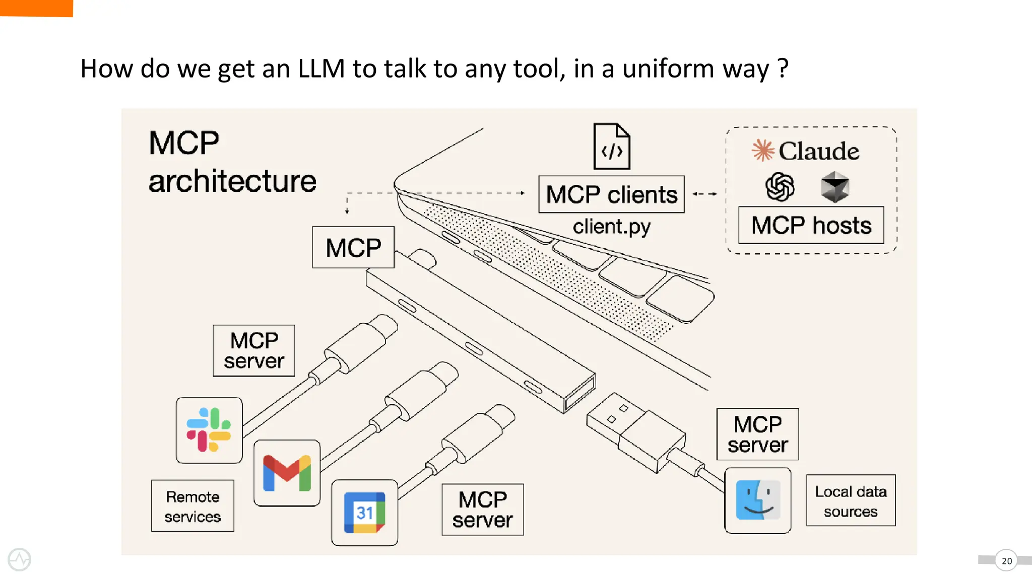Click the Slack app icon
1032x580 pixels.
(x=209, y=430)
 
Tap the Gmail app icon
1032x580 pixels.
(x=287, y=473)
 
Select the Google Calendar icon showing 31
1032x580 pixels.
(x=364, y=513)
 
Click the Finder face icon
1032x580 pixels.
(x=757, y=500)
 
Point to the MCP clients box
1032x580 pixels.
(x=611, y=194)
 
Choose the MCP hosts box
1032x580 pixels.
(x=811, y=225)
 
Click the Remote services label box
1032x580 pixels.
(x=192, y=506)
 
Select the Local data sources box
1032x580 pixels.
(x=851, y=500)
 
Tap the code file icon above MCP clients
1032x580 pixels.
(x=612, y=147)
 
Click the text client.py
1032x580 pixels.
(x=611, y=227)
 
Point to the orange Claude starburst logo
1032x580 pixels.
(x=763, y=150)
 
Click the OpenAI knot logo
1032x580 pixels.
(x=780, y=187)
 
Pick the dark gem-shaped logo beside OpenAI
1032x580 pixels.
(x=835, y=187)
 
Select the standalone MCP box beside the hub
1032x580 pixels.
(x=353, y=247)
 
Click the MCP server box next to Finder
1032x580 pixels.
(x=757, y=434)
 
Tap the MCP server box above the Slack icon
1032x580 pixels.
(x=254, y=350)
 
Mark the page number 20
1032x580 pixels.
(x=1006, y=560)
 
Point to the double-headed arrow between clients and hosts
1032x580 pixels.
(x=704, y=194)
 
